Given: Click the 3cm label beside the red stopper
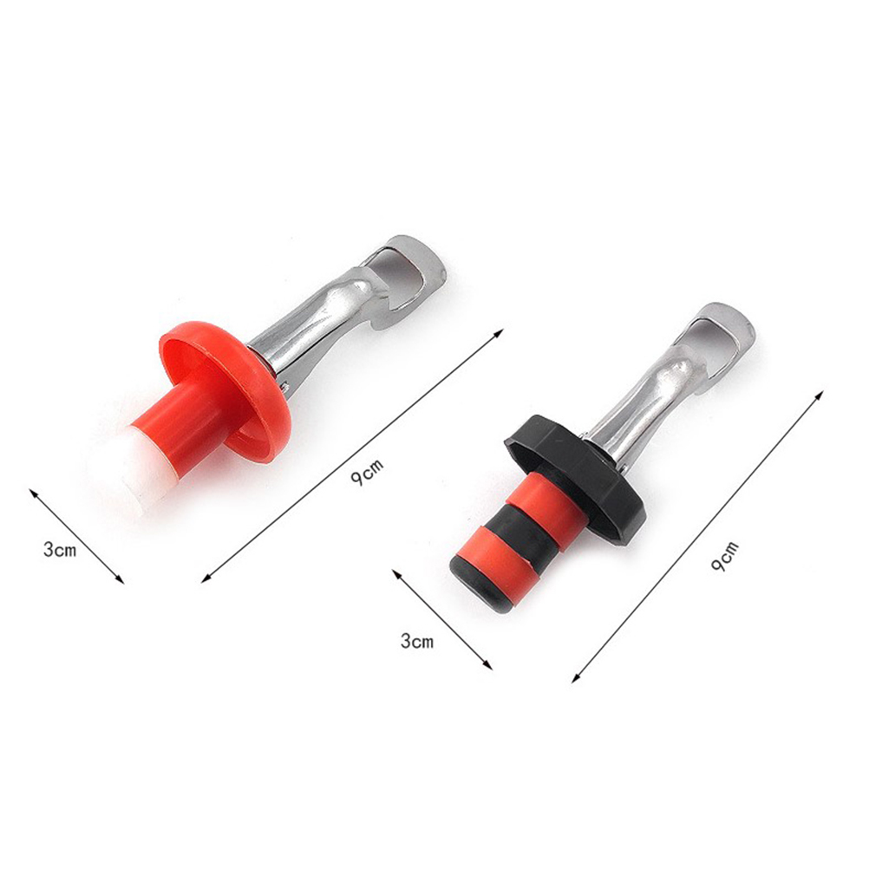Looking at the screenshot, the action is point(60,550).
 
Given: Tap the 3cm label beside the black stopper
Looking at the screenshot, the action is point(417,641).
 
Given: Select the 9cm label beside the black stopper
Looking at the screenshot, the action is point(725,556).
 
